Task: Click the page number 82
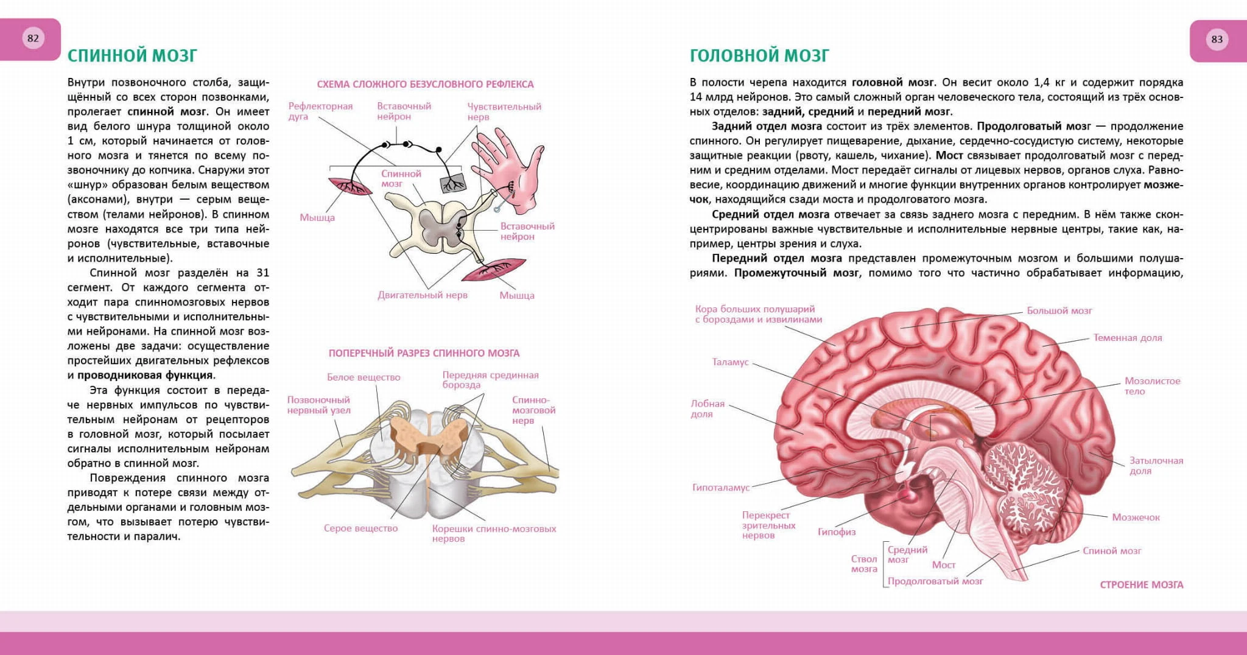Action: pos(33,38)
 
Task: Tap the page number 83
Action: pos(1217,39)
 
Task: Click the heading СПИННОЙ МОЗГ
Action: pos(132,55)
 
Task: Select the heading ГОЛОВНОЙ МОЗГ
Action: pos(759,55)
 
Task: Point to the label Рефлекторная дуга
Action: pos(320,111)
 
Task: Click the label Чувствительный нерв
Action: pos(504,111)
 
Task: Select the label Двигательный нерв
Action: pos(423,295)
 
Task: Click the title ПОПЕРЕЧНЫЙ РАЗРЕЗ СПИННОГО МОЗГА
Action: pos(424,353)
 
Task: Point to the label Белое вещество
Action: pos(364,377)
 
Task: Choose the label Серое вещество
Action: pos(360,528)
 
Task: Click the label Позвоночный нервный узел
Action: pos(318,405)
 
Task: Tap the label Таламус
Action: pos(730,362)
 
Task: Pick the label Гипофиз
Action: pos(836,532)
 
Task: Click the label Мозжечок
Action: pos(1136,517)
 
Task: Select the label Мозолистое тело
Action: pos(1152,386)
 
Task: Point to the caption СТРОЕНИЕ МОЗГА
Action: pos(1142,585)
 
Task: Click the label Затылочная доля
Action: pos(1156,466)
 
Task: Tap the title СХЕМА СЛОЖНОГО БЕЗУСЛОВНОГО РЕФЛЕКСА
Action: pos(425,84)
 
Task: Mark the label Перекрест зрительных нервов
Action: pos(768,525)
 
